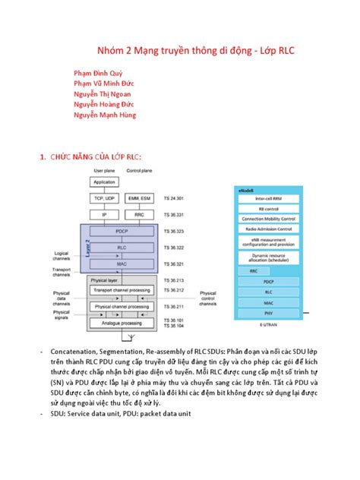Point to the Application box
click(104, 182)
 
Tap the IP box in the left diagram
click(104, 215)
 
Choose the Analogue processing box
click(121, 323)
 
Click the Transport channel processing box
click(121, 291)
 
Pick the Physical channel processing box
click(121, 307)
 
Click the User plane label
click(104, 171)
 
